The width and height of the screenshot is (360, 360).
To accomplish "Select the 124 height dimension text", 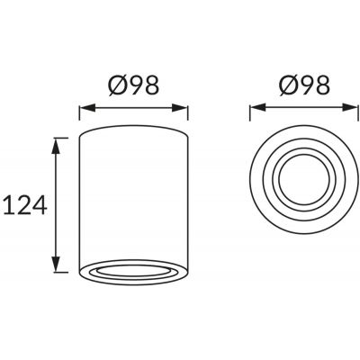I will (24, 206).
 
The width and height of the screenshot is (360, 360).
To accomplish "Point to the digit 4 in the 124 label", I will (40, 206).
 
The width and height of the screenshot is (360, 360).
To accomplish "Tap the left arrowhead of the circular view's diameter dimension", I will (254, 112).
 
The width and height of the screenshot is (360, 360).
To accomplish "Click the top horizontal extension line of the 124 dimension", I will (63, 137).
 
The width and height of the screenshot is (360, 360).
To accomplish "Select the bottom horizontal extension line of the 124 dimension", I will (63, 273).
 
